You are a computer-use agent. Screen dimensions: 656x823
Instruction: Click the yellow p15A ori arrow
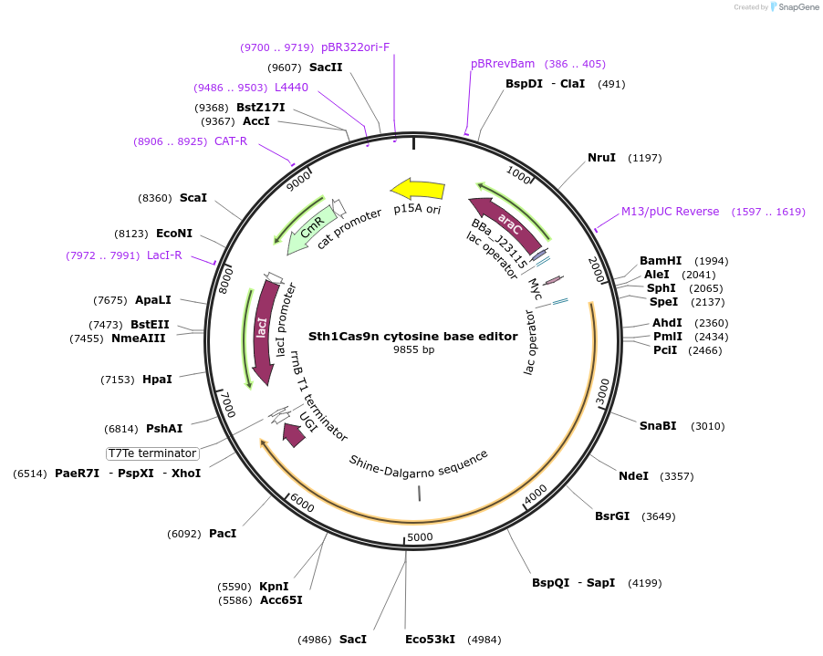pyautogui.click(x=417, y=190)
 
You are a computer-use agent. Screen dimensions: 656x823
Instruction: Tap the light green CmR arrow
pyautogui.click(x=307, y=231)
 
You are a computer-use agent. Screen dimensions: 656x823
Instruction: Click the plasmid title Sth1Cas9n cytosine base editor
pyautogui.click(x=413, y=336)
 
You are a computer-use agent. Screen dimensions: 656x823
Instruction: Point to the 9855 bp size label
pyautogui.click(x=413, y=349)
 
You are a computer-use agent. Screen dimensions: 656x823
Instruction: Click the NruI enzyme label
pyautogui.click(x=601, y=158)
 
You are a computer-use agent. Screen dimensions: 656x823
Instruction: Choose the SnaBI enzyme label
pyautogui.click(x=658, y=425)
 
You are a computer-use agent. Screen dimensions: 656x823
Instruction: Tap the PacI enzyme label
pyautogui.click(x=223, y=533)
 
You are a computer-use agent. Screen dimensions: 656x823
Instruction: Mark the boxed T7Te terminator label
pyautogui.click(x=152, y=453)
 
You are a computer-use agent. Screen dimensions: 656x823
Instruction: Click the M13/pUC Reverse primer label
pyautogui.click(x=671, y=212)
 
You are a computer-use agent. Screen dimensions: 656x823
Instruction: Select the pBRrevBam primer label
pyautogui.click(x=503, y=64)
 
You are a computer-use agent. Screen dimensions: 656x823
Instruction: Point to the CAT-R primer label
pyautogui.click(x=231, y=141)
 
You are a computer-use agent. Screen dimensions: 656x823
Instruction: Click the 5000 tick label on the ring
pyautogui.click(x=420, y=536)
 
